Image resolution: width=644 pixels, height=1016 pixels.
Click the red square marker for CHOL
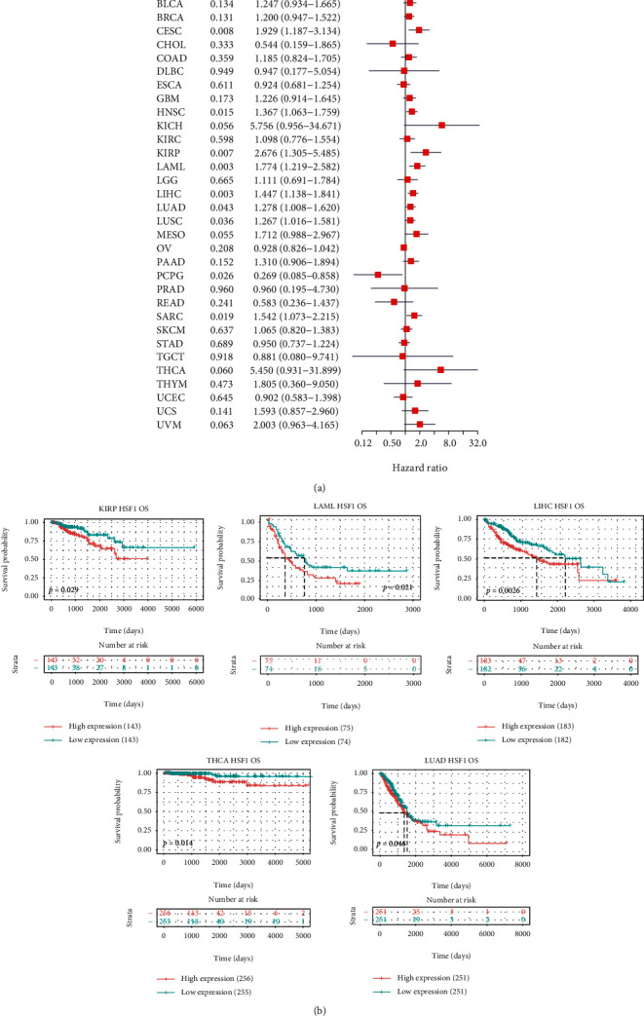point(393,43)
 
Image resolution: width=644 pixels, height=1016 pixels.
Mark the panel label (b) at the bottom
point(322,1004)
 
